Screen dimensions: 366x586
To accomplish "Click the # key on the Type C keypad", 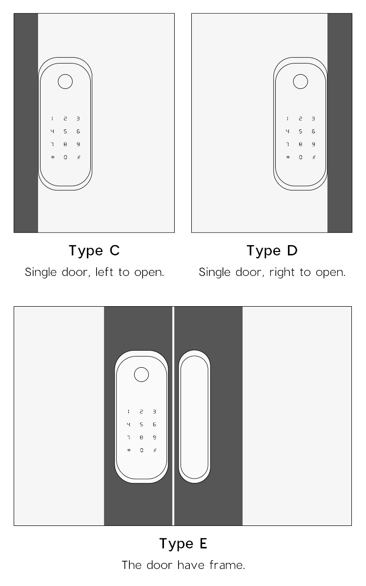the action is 79,157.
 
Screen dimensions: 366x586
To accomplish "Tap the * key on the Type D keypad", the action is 288,157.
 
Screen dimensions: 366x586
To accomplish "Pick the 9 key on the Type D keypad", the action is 313,144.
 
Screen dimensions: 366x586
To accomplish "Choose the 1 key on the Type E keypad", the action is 128,412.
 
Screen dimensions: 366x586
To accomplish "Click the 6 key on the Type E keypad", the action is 154,424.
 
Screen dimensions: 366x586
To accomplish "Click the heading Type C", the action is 94,251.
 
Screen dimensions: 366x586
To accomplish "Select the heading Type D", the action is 272,251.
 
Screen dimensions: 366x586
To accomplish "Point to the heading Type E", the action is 183,544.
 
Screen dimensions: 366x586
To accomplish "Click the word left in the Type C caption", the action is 104,272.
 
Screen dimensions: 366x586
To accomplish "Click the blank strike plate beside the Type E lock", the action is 195,417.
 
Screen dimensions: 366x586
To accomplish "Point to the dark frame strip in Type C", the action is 26,123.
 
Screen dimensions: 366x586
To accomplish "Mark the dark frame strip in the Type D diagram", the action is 340,123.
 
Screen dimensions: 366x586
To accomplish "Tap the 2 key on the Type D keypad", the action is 301,119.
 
